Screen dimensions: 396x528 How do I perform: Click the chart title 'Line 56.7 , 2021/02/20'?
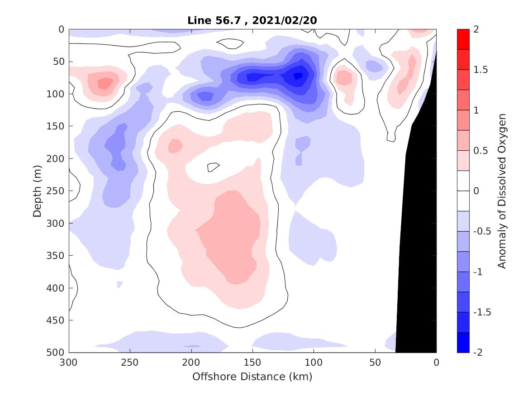[252, 20]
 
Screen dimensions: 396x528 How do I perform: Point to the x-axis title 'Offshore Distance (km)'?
[252, 377]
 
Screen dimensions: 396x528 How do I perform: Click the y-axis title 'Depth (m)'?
[37, 191]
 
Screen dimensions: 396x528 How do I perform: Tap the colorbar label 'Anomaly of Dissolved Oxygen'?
[501, 191]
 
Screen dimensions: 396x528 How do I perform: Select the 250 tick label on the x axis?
[130, 363]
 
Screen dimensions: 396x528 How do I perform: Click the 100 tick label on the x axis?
[314, 363]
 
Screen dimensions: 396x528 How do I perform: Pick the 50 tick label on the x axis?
[375, 363]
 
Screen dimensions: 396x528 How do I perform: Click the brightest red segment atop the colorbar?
[463, 39]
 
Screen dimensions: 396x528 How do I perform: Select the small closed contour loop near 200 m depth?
[213, 167]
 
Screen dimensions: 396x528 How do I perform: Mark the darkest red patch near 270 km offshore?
[105, 83]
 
